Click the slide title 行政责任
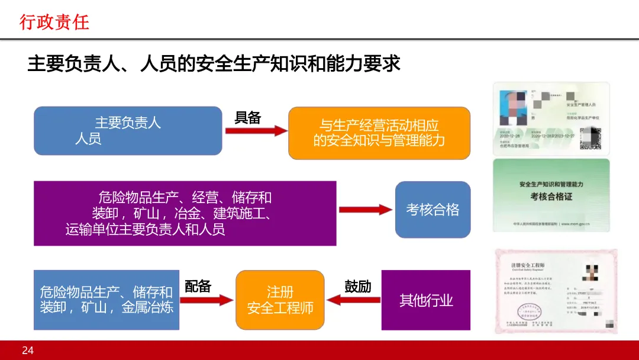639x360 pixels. tap(54, 22)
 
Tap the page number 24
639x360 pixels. tap(28, 351)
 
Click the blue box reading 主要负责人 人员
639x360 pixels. tap(128, 131)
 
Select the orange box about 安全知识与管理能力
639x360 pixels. tap(379, 133)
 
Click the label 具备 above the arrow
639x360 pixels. tap(247, 117)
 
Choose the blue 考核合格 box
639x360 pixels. tap(433, 210)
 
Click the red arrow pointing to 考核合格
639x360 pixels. tap(365, 210)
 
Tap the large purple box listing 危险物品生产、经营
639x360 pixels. tap(185, 213)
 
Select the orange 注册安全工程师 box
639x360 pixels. tap(280, 300)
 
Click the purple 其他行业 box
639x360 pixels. tap(425, 300)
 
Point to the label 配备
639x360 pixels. tap(198, 286)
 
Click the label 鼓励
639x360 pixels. tap(357, 286)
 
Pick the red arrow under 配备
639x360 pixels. tap(206, 300)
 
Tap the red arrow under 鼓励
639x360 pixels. tap(353, 300)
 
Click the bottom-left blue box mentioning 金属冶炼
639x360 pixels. tap(106, 300)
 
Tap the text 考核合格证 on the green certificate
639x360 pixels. tap(551, 196)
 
